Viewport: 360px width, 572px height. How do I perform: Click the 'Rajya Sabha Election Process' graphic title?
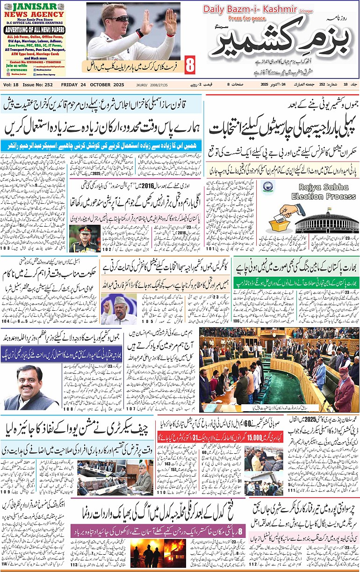tap(324, 193)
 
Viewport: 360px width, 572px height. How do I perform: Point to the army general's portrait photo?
tap(84, 238)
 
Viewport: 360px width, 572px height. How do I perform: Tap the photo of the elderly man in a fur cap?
tap(113, 309)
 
